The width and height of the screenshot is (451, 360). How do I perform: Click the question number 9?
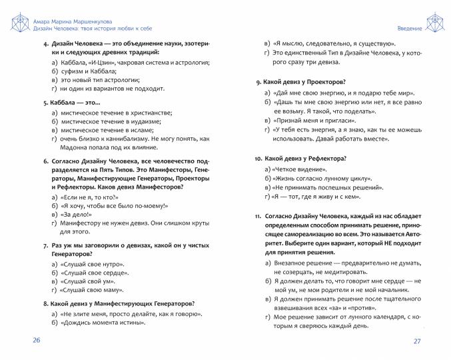[x=258, y=81]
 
